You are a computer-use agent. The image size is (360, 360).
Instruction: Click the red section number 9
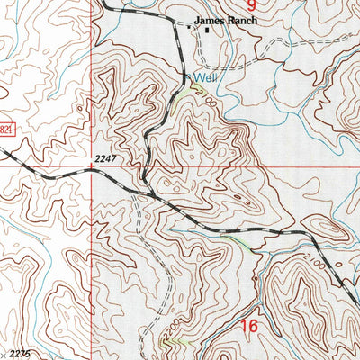tap(252, 4)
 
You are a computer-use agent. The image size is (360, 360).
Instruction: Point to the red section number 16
tap(247, 326)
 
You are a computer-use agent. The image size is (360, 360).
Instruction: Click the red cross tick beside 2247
tap(91, 166)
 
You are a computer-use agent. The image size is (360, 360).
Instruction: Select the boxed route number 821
tap(7, 131)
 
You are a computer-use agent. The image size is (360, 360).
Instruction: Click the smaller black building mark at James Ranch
tap(190, 28)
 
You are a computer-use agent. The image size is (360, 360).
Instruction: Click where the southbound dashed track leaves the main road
tap(135, 193)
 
